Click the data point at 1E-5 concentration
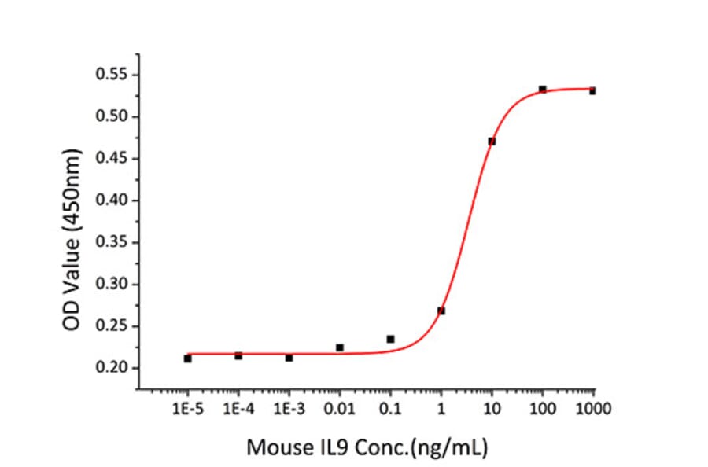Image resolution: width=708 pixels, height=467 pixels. click(x=187, y=359)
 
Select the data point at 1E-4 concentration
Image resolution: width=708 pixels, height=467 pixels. click(x=238, y=355)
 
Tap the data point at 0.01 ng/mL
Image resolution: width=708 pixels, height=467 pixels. click(x=340, y=347)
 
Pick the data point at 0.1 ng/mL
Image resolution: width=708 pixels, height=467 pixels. click(x=390, y=339)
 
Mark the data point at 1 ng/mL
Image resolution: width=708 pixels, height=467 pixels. click(x=441, y=311)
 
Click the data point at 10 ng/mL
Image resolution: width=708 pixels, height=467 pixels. click(x=492, y=142)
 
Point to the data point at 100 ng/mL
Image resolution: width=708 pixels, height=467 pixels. click(x=543, y=90)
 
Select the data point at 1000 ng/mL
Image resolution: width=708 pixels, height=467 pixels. click(x=592, y=91)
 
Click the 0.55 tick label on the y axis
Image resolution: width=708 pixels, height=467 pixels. click(x=112, y=75)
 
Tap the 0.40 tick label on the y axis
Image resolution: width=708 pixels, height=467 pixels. click(x=112, y=200)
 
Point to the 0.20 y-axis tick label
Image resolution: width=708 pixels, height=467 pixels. click(x=112, y=368)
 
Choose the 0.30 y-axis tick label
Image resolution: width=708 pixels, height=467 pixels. click(x=112, y=285)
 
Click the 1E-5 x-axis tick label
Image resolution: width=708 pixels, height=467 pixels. click(x=187, y=409)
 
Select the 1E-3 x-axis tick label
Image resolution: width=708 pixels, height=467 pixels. click(x=289, y=409)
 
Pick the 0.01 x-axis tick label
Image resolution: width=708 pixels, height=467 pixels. click(x=340, y=409)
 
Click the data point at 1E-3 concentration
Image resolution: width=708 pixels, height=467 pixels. click(x=289, y=358)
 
